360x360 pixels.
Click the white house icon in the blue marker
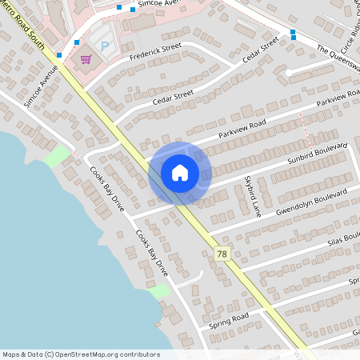179,173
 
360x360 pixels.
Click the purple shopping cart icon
86,58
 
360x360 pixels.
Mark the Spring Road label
230,319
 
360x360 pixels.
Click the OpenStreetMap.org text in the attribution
94,354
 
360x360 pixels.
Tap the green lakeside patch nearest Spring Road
160,291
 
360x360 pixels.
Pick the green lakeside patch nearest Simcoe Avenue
57,156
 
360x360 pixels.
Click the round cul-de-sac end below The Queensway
288,72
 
